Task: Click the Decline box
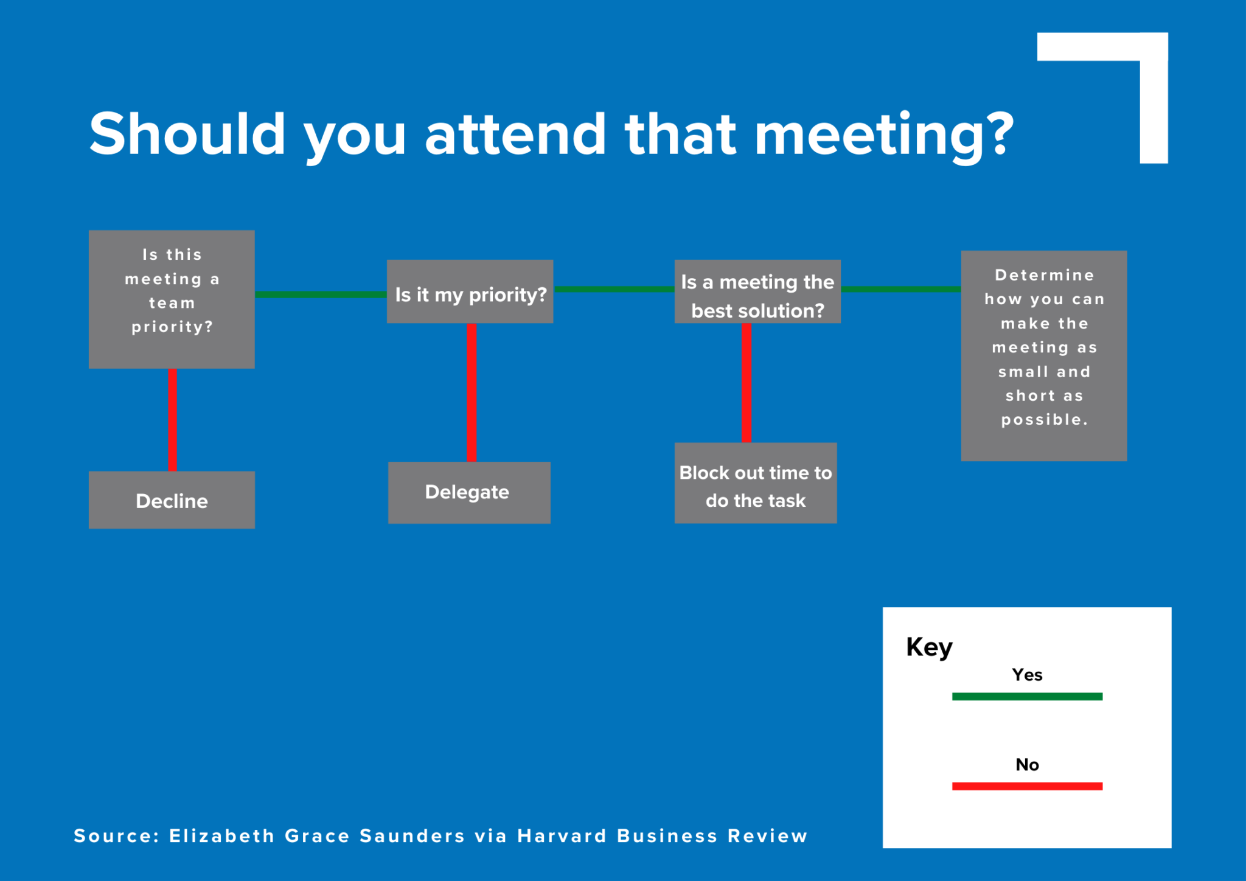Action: pyautogui.click(x=172, y=500)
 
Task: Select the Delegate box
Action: pyautogui.click(x=469, y=492)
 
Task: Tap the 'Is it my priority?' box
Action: pyautogui.click(x=470, y=292)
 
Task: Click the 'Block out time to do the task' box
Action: pyautogui.click(x=756, y=483)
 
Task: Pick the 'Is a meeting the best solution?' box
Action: pyautogui.click(x=757, y=292)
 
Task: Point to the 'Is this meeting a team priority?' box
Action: pyautogui.click(x=172, y=299)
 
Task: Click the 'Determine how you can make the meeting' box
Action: pyautogui.click(x=1044, y=355)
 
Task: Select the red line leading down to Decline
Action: pyautogui.click(x=173, y=420)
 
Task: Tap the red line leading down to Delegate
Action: pyautogui.click(x=472, y=392)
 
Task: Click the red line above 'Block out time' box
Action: pyautogui.click(x=747, y=383)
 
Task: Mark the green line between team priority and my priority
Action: pyautogui.click(x=321, y=294)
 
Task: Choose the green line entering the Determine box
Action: pyautogui.click(x=900, y=289)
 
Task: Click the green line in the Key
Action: pyautogui.click(x=1027, y=697)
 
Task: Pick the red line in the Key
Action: pyautogui.click(x=1027, y=786)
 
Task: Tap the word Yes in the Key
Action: pyautogui.click(x=1027, y=675)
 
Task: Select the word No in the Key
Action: pyautogui.click(x=1027, y=764)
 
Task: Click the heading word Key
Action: pyautogui.click(x=929, y=647)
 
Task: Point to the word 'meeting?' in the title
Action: pyautogui.click(x=884, y=135)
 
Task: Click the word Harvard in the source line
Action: pyautogui.click(x=562, y=836)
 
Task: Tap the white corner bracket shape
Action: pyautogui.click(x=1154, y=97)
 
